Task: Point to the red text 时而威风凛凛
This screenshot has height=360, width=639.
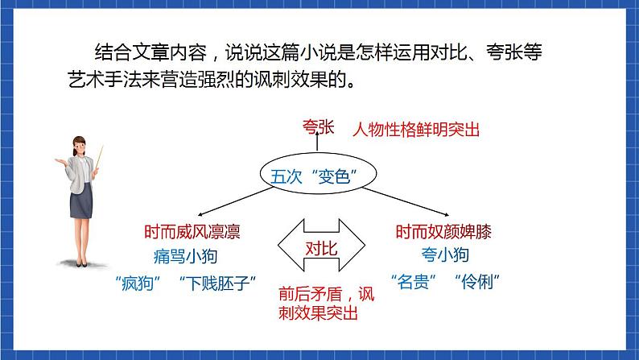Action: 192,233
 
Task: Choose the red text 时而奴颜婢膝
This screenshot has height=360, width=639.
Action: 443,233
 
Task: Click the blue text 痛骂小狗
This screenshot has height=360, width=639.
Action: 185,257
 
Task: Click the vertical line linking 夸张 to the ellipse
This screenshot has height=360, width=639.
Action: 307,147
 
